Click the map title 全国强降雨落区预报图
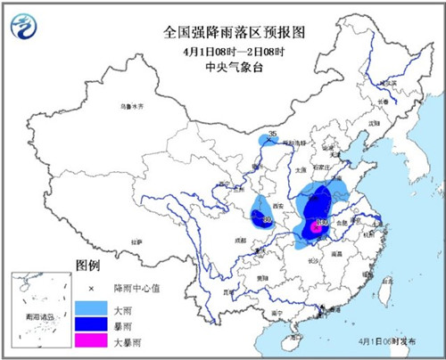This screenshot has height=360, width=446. coord(223,32)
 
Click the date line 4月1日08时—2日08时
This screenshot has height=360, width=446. coord(223,50)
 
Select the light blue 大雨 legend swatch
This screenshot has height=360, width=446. coord(89,307)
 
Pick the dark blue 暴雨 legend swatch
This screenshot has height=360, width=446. coord(89,324)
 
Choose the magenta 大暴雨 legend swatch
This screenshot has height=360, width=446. coord(89,341)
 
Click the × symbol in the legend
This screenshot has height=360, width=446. coord(89,289)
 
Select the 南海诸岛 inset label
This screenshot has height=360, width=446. coord(37,315)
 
